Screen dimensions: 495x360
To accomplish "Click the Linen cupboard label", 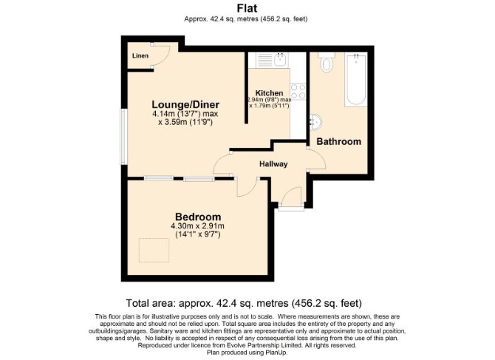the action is (140, 56).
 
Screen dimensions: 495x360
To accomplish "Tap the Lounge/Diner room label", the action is (185, 104).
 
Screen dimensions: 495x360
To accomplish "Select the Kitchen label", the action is (269, 93).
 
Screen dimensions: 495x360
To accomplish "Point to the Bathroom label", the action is (338, 141).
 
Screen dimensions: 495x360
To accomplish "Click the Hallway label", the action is (273, 164).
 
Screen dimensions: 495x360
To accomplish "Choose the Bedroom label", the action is (198, 217).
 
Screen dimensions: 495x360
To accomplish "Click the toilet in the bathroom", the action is (327, 61).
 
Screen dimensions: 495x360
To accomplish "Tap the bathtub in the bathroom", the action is (356, 79).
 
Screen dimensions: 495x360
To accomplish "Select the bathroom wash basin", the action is (315, 121).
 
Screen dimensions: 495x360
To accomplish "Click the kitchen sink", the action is (280, 59).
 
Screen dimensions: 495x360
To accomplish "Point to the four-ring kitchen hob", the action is (298, 91).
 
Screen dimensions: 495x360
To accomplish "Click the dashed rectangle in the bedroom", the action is (154, 250).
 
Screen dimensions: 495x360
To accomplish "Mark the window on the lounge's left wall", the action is (124, 137).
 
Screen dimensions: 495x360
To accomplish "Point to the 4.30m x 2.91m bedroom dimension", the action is (197, 226).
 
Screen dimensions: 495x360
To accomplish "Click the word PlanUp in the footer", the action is (277, 353).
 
